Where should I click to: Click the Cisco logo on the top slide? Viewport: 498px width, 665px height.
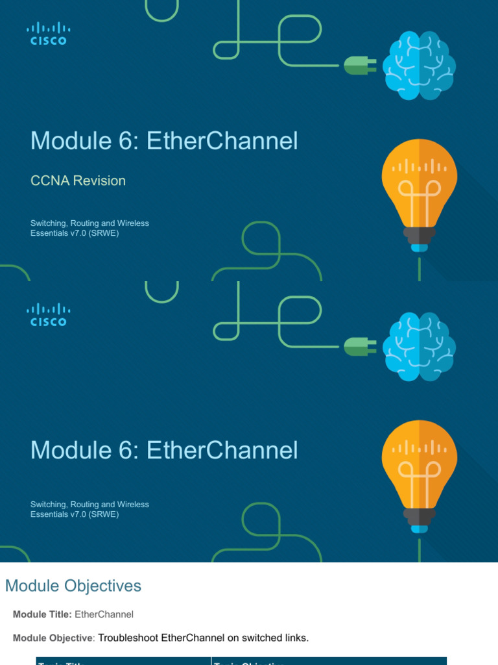coord(48,33)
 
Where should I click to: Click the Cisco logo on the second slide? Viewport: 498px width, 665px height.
coord(48,314)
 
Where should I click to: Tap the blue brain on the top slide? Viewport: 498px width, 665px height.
coord(419,66)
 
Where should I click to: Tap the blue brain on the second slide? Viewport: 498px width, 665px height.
coord(419,347)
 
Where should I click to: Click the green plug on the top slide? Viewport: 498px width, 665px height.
coord(359,65)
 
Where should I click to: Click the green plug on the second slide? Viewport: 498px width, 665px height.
coord(359,346)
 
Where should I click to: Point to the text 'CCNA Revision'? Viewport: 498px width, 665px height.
coord(78,181)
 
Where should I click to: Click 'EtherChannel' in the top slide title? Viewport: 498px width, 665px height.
coord(222,141)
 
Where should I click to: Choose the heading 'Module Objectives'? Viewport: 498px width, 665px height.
coord(73,586)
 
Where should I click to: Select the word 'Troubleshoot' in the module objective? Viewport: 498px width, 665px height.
coord(128,638)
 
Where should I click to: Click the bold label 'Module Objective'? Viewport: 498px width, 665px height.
coord(53,638)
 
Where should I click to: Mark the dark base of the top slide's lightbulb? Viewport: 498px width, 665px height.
coord(420,235)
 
